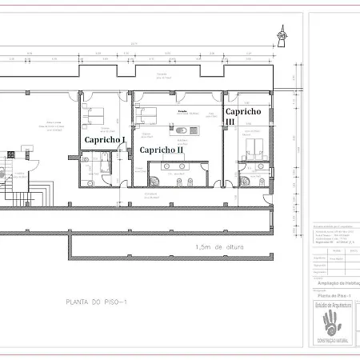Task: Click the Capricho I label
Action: point(105,139)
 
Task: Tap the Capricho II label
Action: point(162,150)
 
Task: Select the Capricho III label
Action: point(241,116)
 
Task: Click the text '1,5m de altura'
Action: point(218,247)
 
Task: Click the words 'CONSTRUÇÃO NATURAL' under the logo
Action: point(333,342)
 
